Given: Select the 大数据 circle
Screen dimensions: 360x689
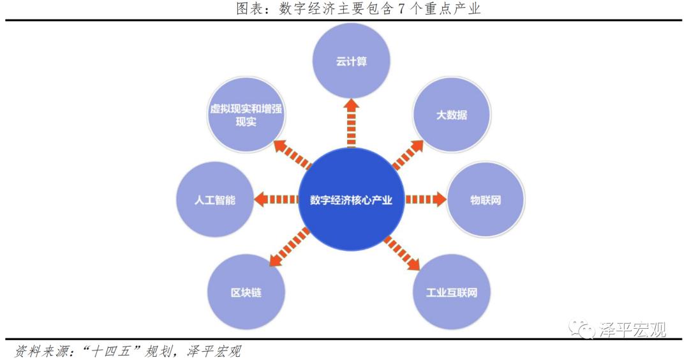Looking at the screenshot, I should coord(452,115).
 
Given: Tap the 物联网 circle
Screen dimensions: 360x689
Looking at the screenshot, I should coord(485,200).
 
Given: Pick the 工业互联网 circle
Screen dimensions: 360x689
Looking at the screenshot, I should coord(451,292).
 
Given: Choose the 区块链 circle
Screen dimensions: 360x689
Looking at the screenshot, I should coord(246,292).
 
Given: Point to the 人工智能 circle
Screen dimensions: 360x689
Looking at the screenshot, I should coord(214,200).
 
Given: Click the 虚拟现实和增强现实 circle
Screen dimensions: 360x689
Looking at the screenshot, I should coord(246,115).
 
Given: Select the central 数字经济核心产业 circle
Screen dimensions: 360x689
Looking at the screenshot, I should coord(352,200).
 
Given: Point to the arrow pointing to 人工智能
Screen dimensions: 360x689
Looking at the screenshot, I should coord(276,200).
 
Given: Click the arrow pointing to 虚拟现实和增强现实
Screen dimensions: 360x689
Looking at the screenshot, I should coord(292,154).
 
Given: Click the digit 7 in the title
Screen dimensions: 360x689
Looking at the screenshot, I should coord(401,8).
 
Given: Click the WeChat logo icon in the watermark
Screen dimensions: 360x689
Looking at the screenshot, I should coord(583,329).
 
